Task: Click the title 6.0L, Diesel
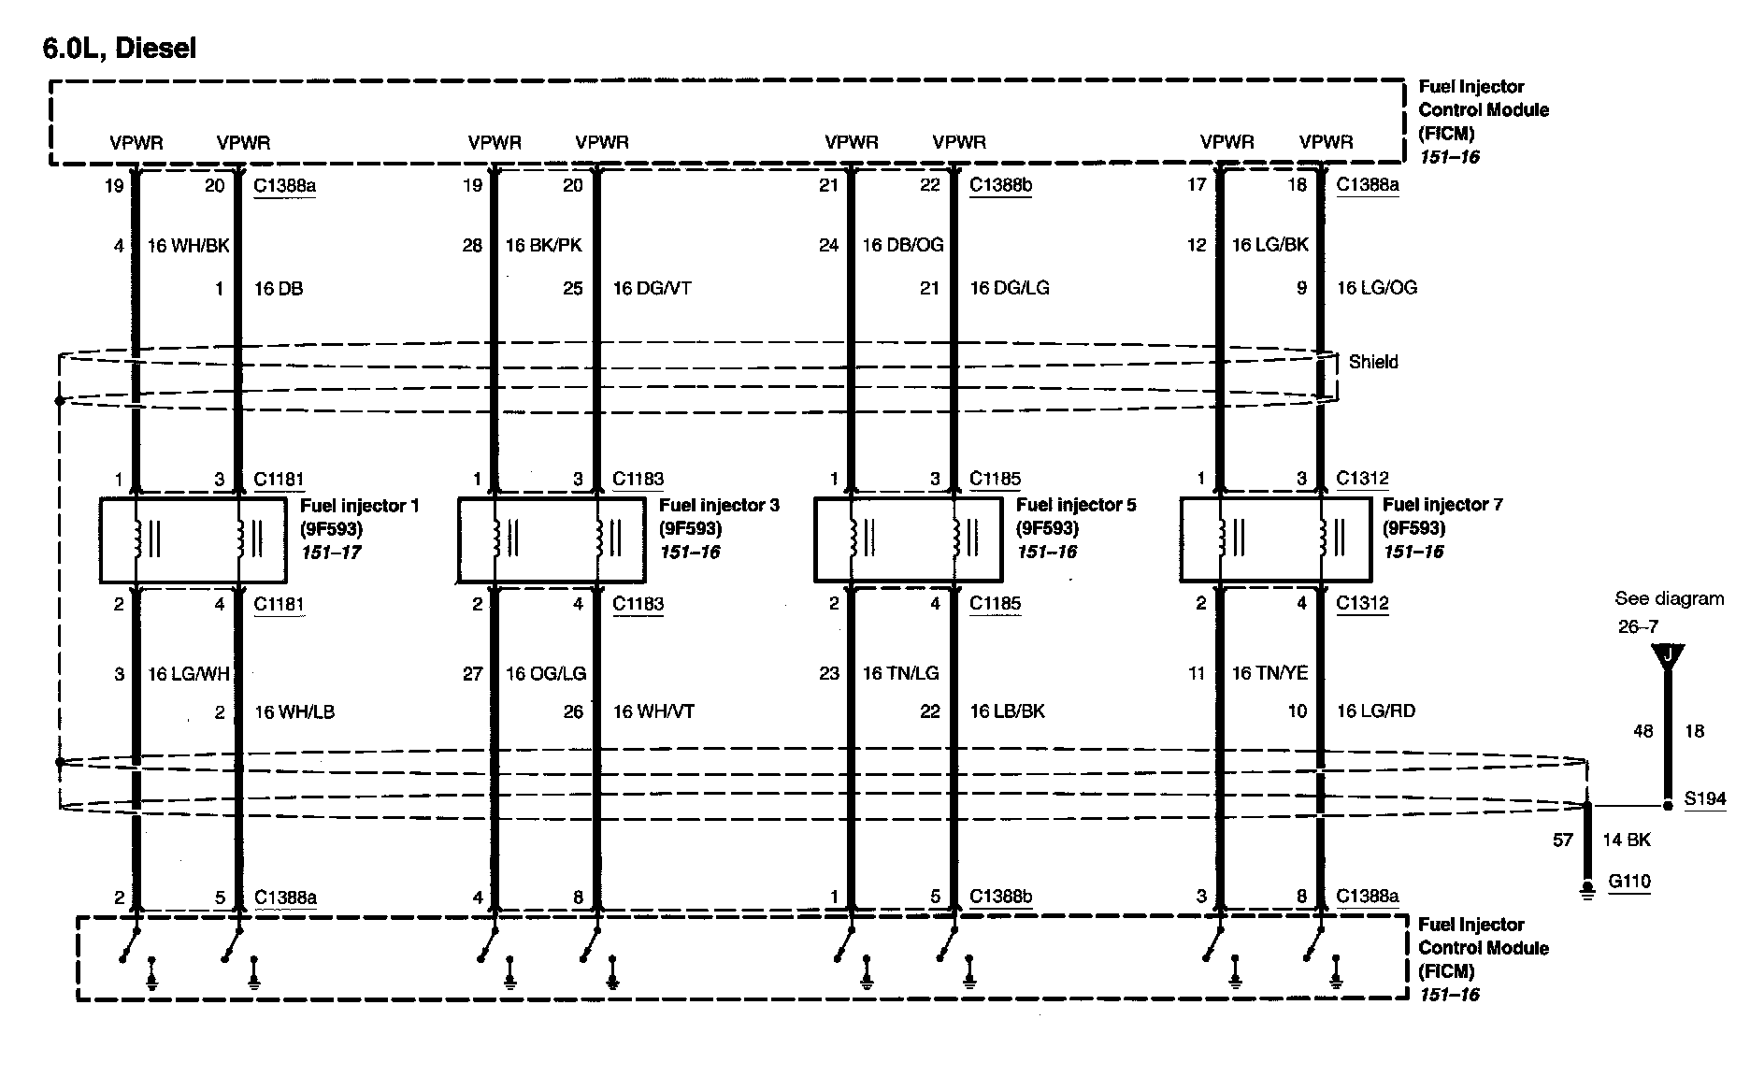pyautogui.click(x=120, y=48)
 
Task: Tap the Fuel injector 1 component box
pyautogui.click(x=192, y=540)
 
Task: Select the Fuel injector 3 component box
pyautogui.click(x=551, y=540)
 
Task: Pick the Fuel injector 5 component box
pyautogui.click(x=908, y=540)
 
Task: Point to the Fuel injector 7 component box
pyautogui.click(x=1274, y=540)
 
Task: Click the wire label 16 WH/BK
pyautogui.click(x=188, y=246)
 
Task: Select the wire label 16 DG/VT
pyautogui.click(x=652, y=289)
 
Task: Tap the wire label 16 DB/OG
pyautogui.click(x=903, y=246)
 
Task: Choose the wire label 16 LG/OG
pyautogui.click(x=1376, y=288)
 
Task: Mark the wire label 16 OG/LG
pyautogui.click(x=546, y=673)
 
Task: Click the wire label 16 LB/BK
pyautogui.click(x=1007, y=712)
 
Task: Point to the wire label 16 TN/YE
pyautogui.click(x=1269, y=673)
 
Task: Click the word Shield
pyautogui.click(x=1373, y=362)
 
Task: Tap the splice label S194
pyautogui.click(x=1704, y=800)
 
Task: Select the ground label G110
pyautogui.click(x=1628, y=882)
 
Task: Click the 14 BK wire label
pyautogui.click(x=1627, y=840)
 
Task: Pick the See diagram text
pyautogui.click(x=1669, y=599)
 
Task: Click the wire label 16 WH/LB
pyautogui.click(x=294, y=712)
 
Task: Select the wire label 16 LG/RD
pyautogui.click(x=1376, y=712)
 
